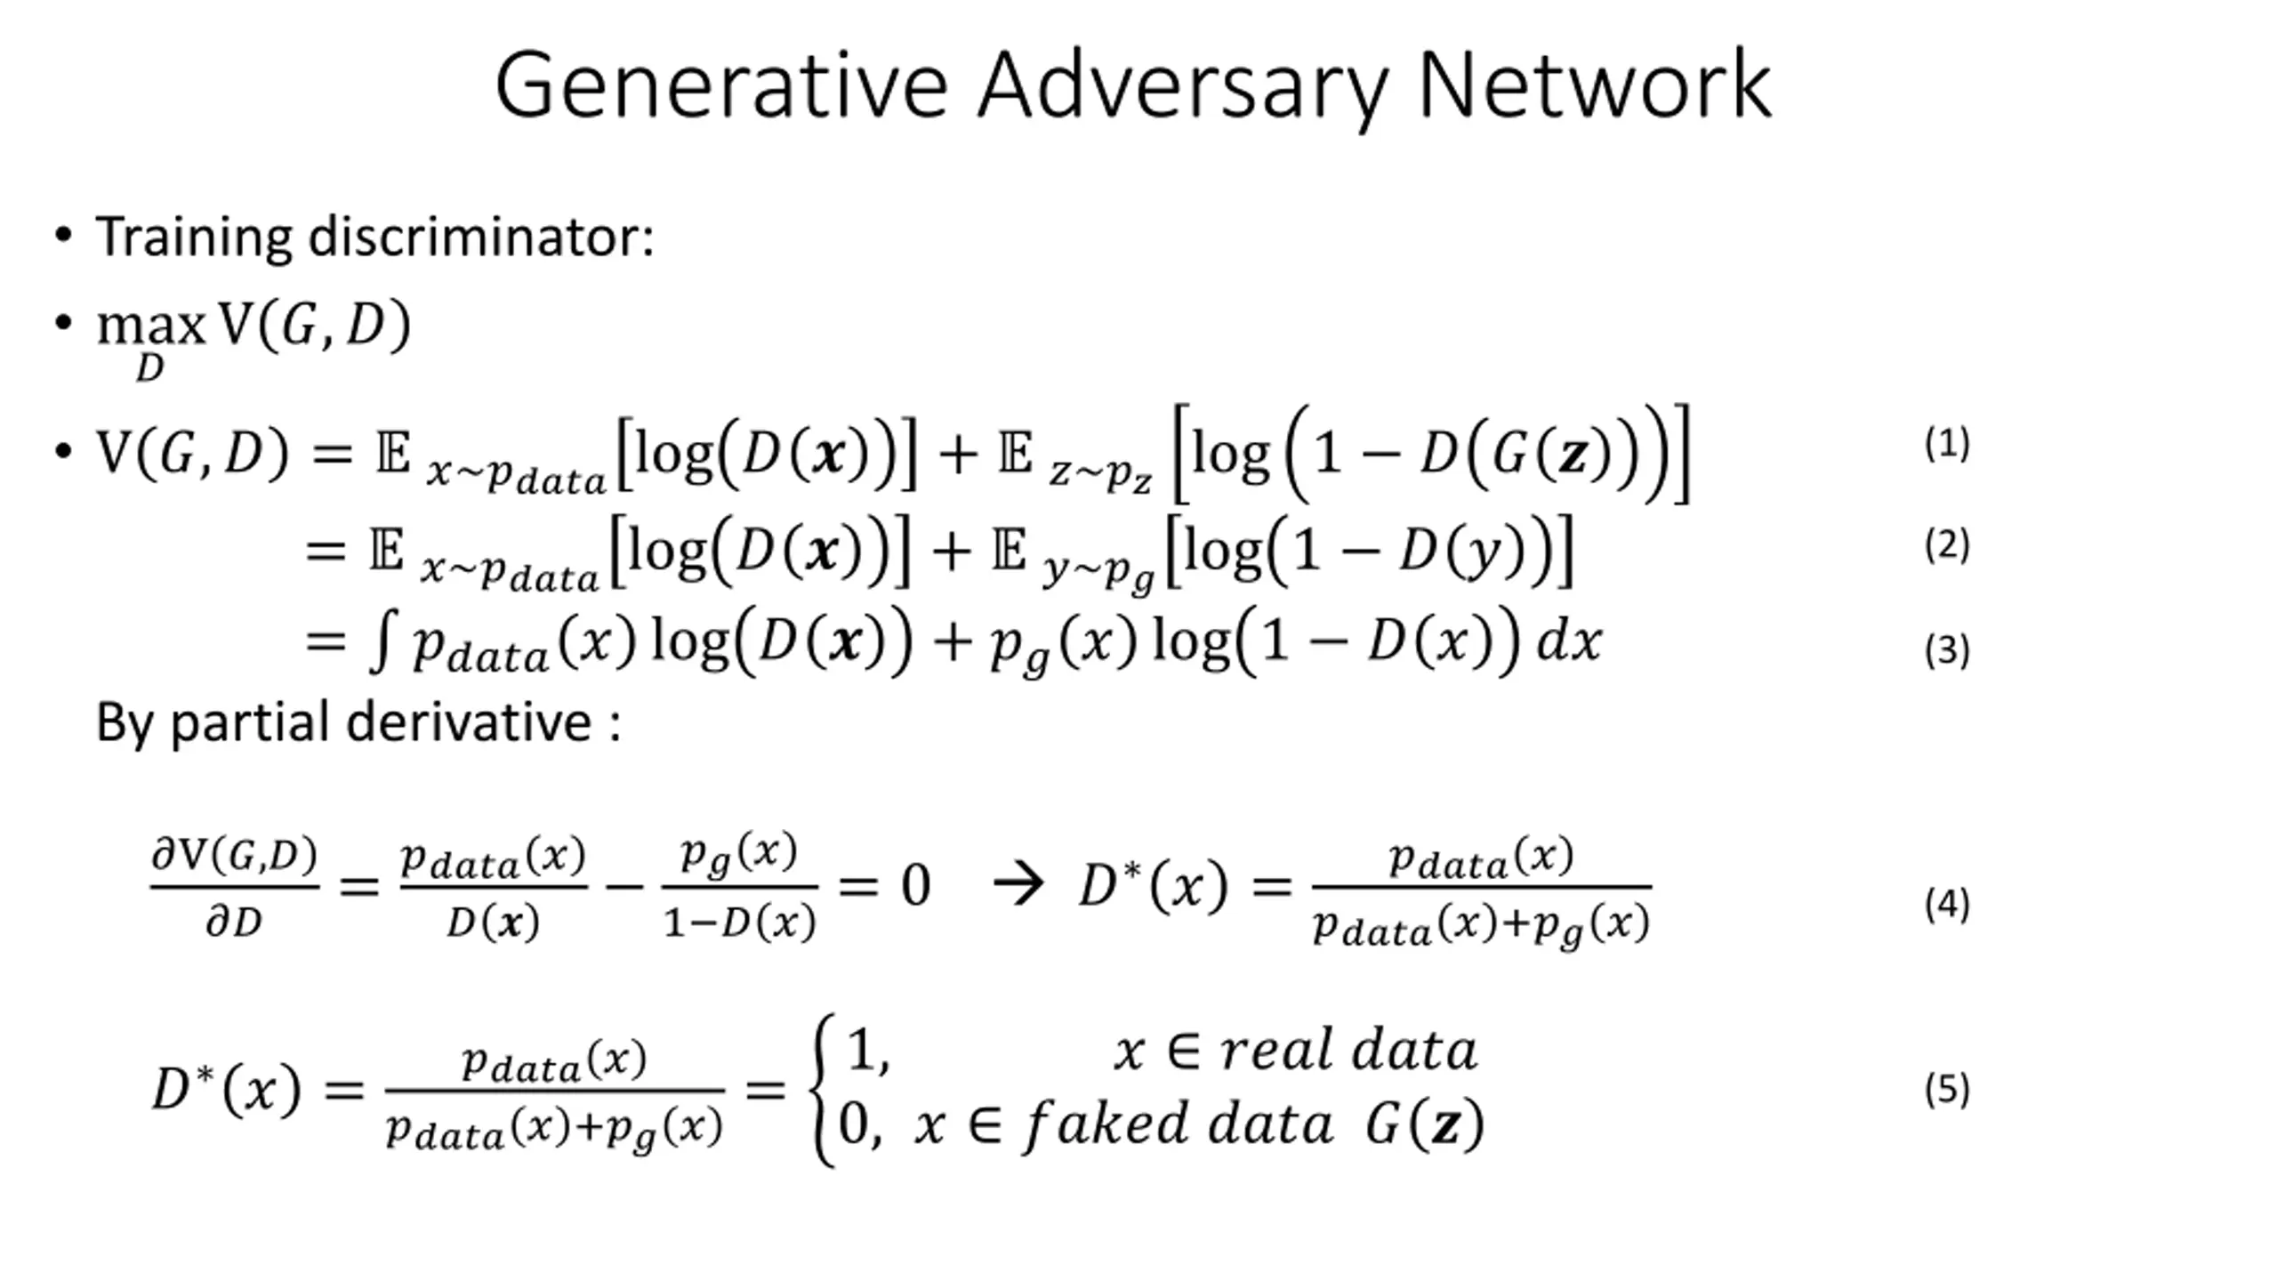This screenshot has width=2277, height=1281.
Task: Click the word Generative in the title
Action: pos(721,85)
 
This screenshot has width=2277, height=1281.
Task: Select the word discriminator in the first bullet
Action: pos(481,238)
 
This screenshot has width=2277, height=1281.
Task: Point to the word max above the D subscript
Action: pos(151,326)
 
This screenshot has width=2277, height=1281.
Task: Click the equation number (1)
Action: pos(1947,444)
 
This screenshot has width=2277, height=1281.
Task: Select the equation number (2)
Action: pos(1947,545)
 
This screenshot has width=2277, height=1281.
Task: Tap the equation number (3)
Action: pos(1947,650)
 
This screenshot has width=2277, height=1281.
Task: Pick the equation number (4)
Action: pos(1947,905)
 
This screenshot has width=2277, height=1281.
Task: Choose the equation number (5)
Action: pos(1947,1090)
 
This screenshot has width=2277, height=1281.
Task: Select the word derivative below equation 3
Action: pos(469,721)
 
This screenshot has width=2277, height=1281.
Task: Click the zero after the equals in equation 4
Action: pos(916,886)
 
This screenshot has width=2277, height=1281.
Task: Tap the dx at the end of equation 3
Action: pos(1570,640)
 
